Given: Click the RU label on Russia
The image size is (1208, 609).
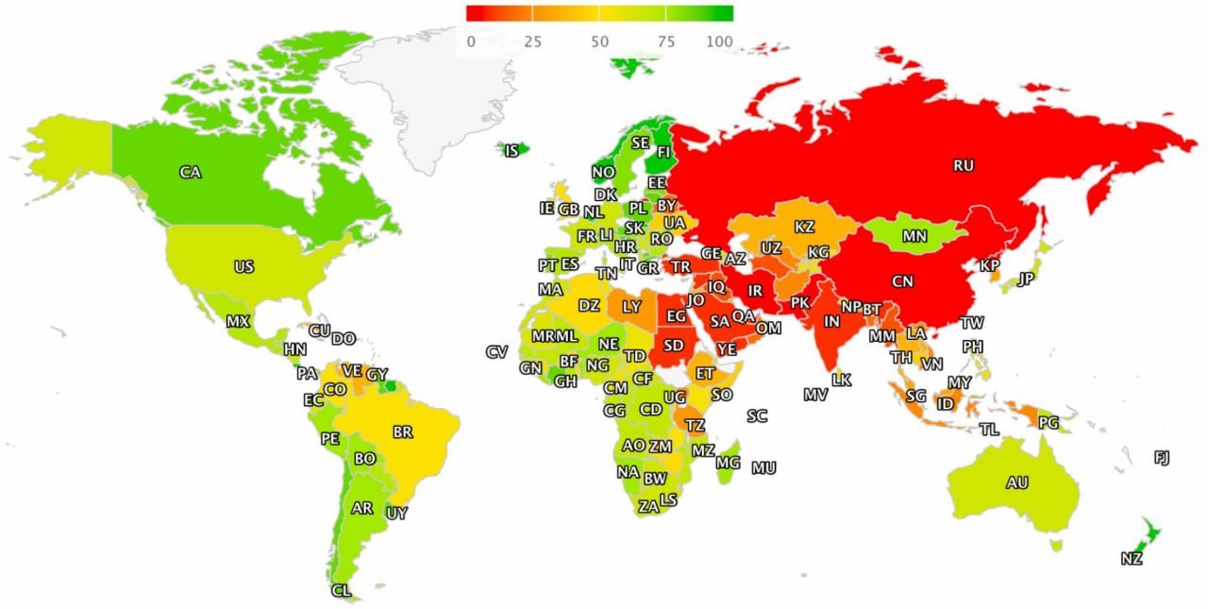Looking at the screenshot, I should pyautogui.click(x=963, y=165).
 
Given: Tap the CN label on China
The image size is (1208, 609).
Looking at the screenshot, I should pyautogui.click(x=902, y=280).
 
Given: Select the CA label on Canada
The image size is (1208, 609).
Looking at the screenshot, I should pyautogui.click(x=191, y=172).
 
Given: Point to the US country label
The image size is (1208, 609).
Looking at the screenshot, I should pyautogui.click(x=243, y=267).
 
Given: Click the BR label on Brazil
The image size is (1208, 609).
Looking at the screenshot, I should pyautogui.click(x=403, y=432).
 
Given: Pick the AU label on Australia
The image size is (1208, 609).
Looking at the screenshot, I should pyautogui.click(x=1016, y=482).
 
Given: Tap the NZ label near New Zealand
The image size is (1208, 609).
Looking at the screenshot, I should pyautogui.click(x=1132, y=559).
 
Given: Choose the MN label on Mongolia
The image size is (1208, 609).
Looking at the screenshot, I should pyautogui.click(x=914, y=237).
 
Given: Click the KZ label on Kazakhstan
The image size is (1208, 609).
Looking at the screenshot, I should pyautogui.click(x=804, y=228).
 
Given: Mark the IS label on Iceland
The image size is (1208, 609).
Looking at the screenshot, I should pyautogui.click(x=512, y=151).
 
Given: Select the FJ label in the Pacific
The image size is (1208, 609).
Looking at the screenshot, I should pyautogui.click(x=1162, y=458).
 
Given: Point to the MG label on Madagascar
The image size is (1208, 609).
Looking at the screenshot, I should pyautogui.click(x=728, y=463).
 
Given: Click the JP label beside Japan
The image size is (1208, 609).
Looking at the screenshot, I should pyautogui.click(x=1027, y=279).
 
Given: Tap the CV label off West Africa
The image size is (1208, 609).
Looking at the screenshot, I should pyautogui.click(x=496, y=352).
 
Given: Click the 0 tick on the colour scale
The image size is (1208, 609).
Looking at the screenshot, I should pyautogui.click(x=471, y=42).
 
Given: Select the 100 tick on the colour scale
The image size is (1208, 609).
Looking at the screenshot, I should pyautogui.click(x=719, y=42).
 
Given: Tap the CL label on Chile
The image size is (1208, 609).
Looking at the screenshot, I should pyautogui.click(x=342, y=591).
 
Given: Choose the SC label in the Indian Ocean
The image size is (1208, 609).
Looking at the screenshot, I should pyautogui.click(x=757, y=416).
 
